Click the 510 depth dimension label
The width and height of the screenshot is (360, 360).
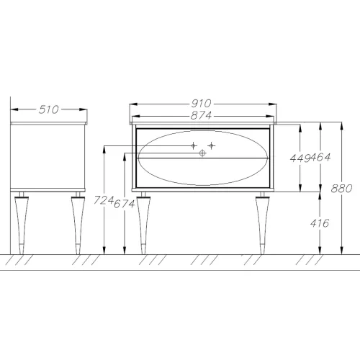[48, 109]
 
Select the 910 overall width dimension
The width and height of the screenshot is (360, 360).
[201, 104]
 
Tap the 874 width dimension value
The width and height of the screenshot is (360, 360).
[201, 115]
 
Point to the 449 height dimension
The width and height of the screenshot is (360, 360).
[300, 158]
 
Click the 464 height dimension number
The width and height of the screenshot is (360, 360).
[320, 158]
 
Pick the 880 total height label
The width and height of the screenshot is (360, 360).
[341, 189]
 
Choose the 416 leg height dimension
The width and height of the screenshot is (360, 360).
[320, 223]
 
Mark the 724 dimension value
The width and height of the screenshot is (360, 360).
[104, 200]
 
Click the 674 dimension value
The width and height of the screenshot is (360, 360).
[124, 204]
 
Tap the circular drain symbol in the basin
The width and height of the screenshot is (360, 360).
[202, 153]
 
